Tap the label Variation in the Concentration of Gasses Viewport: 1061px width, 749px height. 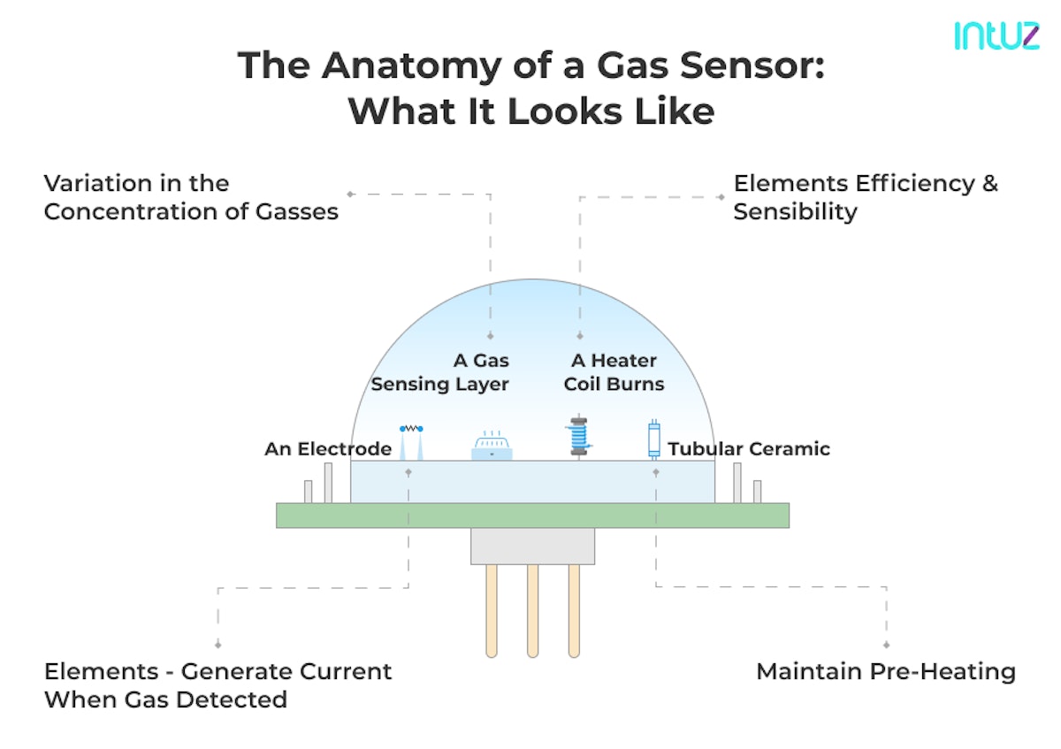click(x=191, y=197)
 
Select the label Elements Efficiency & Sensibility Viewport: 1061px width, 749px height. click(x=865, y=197)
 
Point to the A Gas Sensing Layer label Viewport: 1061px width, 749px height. click(x=440, y=372)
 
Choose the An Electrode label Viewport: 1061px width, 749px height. click(x=328, y=449)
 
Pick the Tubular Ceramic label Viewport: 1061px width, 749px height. click(x=749, y=449)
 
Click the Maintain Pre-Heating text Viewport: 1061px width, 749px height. click(x=885, y=672)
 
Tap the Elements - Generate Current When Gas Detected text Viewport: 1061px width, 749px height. click(x=218, y=685)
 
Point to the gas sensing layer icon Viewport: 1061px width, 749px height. click(x=492, y=446)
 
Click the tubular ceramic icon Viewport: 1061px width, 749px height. click(x=654, y=439)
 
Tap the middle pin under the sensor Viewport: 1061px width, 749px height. click(x=532, y=610)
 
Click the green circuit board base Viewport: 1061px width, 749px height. click(x=532, y=516)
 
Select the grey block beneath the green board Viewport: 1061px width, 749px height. click(x=532, y=546)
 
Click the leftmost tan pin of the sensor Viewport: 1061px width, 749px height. click(x=492, y=610)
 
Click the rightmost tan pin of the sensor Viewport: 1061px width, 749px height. click(x=574, y=610)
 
